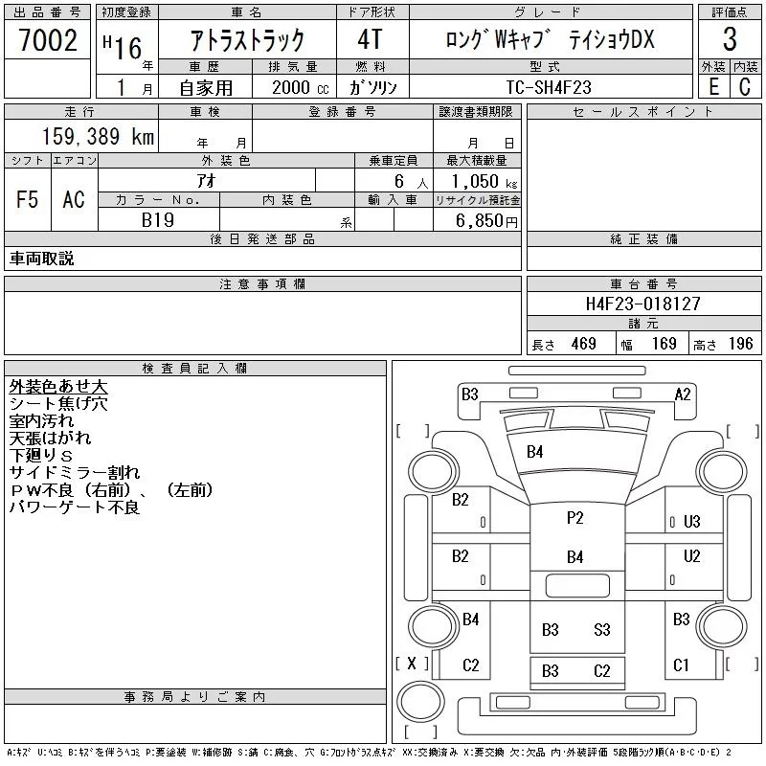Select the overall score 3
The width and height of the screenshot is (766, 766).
[x=730, y=40]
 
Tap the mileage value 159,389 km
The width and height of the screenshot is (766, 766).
[x=97, y=137]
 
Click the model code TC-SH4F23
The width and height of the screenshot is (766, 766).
[x=549, y=86]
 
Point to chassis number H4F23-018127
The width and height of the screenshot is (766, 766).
[x=643, y=304]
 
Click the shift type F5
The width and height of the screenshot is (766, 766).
[x=28, y=199]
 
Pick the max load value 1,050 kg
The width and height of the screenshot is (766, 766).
[x=478, y=180]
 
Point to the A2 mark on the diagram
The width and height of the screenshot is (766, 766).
[x=683, y=394]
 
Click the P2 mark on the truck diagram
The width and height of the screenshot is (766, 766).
[x=574, y=518]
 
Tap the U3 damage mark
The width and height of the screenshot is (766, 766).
[x=691, y=522]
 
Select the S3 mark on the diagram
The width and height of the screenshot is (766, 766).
[x=601, y=629]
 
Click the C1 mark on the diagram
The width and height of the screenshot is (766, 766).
[x=682, y=665]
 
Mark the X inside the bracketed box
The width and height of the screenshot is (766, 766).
[x=412, y=663]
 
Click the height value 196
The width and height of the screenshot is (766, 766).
[x=741, y=344]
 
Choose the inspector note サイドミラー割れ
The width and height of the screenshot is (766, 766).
[x=75, y=472]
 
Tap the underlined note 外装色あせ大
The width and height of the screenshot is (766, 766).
[x=58, y=386]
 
